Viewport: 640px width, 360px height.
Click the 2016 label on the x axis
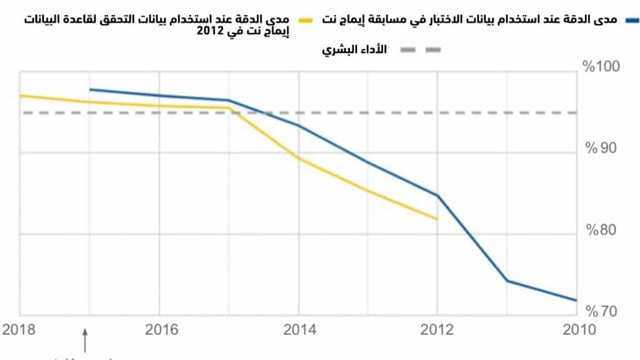(162, 329)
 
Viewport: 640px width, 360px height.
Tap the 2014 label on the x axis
(301, 329)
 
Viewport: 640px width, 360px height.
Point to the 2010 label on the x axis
(579, 329)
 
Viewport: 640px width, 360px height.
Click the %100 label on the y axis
(601, 67)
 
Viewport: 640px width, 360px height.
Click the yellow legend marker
(305, 21)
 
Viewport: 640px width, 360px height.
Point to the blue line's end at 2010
(576, 301)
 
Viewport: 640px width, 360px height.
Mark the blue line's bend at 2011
(507, 281)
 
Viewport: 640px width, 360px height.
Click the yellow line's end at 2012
(437, 219)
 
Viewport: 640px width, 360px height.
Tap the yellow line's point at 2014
(299, 157)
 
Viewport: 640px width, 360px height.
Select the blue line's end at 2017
(90, 89)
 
